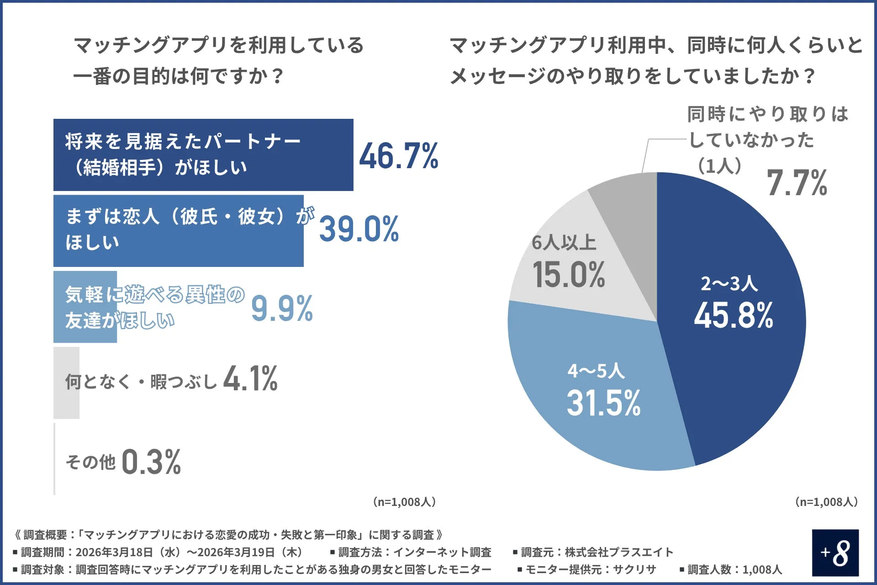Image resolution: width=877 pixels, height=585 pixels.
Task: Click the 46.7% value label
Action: pos(398,156)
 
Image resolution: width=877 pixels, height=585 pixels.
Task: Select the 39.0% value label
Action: pos(359,229)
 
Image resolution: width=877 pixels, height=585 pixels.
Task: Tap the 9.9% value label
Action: pos(282,308)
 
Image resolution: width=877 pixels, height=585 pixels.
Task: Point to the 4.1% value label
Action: pos(250,379)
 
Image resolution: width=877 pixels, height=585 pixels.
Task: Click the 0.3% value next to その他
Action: pos(151,462)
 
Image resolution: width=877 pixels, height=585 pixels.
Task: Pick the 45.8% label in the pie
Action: pos(733,316)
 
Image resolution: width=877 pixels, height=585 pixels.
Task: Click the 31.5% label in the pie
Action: pos(603,403)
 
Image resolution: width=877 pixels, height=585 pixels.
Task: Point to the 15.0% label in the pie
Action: pos(569,275)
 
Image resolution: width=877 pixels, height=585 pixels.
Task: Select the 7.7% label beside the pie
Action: pos(797,183)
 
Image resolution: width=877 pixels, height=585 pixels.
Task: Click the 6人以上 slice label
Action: pos(564,243)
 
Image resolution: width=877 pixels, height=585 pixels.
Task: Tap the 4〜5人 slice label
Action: pos(596,371)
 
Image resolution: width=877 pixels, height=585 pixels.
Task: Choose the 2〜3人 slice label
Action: pos(729,284)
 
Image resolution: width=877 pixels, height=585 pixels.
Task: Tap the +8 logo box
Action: pos(835,553)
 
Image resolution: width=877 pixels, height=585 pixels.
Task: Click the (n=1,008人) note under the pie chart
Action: pos(826,502)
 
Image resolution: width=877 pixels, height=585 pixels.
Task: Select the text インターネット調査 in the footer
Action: pos(442,552)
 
